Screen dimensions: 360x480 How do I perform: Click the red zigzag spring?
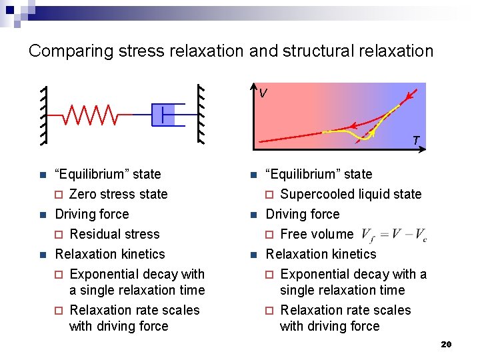pyautogui.click(x=91, y=115)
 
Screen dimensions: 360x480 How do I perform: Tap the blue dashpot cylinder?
pyautogui.click(x=163, y=115)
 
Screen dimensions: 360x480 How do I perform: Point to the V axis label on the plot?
pyautogui.click(x=264, y=93)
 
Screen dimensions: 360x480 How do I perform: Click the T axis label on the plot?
pyautogui.click(x=415, y=141)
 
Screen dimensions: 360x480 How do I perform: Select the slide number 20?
pyautogui.click(x=446, y=344)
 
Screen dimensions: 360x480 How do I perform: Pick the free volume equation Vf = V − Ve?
pyautogui.click(x=394, y=235)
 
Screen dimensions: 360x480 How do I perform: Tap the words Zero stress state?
pyautogui.click(x=118, y=194)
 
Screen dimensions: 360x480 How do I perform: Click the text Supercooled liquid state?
pyautogui.click(x=351, y=194)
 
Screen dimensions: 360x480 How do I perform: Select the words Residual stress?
pyautogui.click(x=115, y=234)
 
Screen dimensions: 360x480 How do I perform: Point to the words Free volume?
pyautogui.click(x=317, y=234)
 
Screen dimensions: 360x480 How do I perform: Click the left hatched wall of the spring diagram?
pyautogui.click(x=43, y=115)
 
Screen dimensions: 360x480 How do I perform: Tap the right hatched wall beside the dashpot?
pyautogui.click(x=199, y=115)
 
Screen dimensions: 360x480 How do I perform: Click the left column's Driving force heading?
pyautogui.click(x=92, y=214)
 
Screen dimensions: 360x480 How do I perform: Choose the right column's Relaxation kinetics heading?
pyautogui.click(x=321, y=254)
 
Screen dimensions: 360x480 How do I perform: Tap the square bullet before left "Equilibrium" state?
pyautogui.click(x=41, y=175)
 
